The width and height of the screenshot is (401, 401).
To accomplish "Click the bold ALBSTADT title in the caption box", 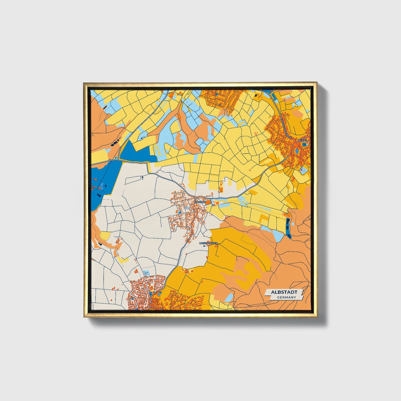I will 284,292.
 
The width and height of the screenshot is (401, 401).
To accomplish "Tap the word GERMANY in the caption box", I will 286,297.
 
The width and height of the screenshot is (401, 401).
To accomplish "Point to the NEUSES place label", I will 302,140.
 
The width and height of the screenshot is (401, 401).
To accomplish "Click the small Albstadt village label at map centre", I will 200,202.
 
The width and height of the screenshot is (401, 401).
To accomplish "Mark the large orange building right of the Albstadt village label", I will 208,203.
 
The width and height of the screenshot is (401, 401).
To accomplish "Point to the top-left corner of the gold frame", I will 84,83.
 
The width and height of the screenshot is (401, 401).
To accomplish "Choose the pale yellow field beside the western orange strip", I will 105,236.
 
